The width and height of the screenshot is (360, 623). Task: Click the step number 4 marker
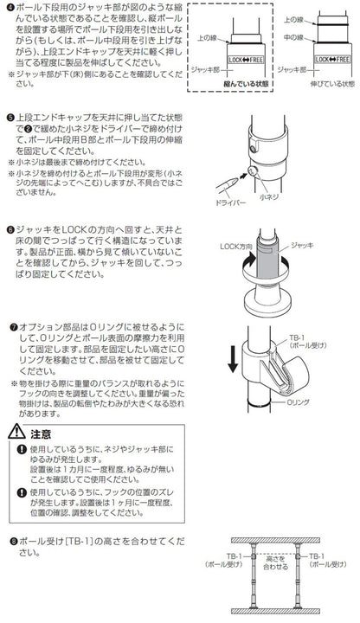[10, 8]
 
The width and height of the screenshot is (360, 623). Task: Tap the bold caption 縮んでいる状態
[246, 84]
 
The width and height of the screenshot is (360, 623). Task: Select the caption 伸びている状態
[332, 84]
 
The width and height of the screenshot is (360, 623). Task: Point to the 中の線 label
[293, 37]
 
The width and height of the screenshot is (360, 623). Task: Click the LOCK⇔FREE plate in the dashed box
[246, 60]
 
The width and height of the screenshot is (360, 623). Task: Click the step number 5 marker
[10, 118]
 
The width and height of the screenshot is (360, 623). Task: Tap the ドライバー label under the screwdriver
[230, 202]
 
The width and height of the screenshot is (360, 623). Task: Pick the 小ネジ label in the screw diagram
[269, 197]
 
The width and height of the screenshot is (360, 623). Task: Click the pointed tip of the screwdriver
[238, 180]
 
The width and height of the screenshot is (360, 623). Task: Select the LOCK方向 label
[236, 247]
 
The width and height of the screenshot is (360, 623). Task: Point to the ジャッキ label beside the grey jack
[302, 245]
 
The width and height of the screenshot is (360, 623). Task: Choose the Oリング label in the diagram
[298, 402]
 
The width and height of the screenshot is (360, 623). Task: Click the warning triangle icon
[16, 432]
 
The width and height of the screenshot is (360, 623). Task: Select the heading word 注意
[41, 434]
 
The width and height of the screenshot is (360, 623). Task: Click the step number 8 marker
[14, 542]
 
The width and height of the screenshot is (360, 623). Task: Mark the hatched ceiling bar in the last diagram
[276, 540]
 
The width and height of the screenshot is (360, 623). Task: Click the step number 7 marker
[14, 328]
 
